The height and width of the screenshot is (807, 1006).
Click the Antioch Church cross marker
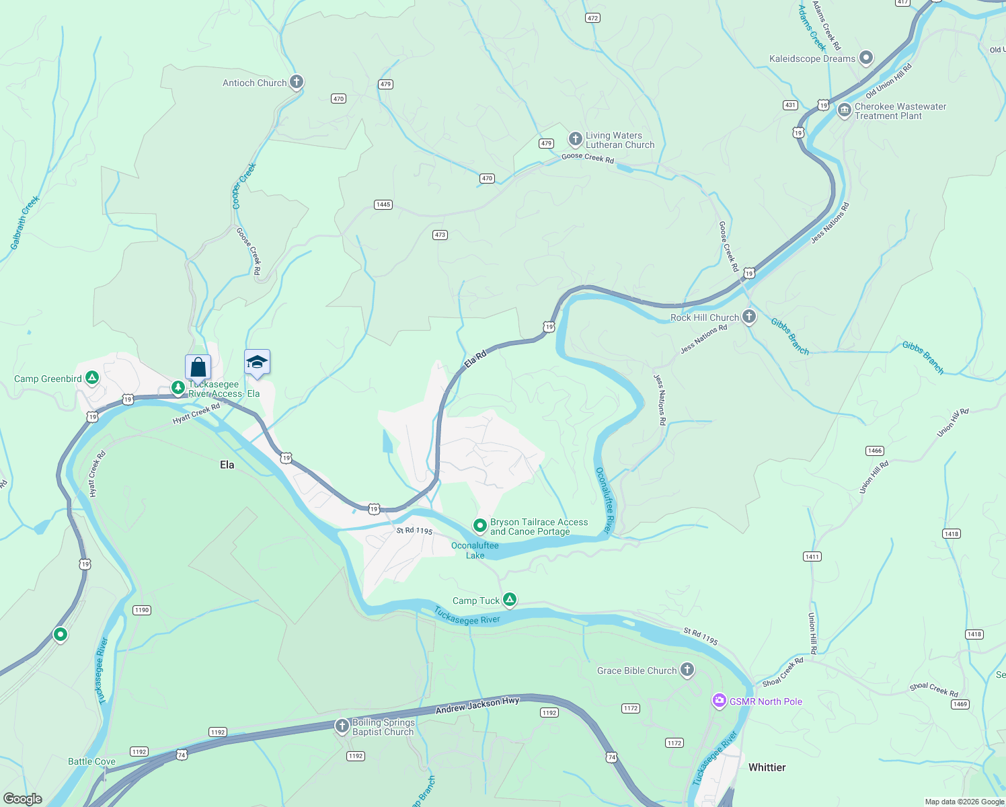(296, 82)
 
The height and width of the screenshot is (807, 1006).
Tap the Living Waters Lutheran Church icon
(575, 139)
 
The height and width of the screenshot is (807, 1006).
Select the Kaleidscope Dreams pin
(866, 58)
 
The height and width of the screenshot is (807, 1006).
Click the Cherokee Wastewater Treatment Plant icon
(845, 110)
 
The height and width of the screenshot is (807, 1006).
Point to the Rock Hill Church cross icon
(749, 317)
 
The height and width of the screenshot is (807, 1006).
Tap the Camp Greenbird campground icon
(92, 378)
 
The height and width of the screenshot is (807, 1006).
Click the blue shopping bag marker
(198, 367)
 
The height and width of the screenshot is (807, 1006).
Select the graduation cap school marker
(257, 362)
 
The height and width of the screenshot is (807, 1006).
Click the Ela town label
(227, 465)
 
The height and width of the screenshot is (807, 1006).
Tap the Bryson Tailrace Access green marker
(479, 525)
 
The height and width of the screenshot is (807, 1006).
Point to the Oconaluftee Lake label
(475, 550)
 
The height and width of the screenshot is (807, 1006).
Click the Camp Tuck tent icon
(510, 600)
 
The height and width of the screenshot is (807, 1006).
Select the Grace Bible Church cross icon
(687, 670)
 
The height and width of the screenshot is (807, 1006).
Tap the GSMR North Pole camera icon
(719, 701)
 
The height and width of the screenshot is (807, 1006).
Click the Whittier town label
(767, 767)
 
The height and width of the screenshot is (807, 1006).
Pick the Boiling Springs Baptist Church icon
(342, 726)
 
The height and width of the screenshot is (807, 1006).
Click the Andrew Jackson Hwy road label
(477, 705)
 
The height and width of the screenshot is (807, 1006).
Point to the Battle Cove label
(91, 761)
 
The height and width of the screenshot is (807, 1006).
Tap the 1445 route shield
(383, 204)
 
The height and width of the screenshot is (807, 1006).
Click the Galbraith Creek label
(26, 223)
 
